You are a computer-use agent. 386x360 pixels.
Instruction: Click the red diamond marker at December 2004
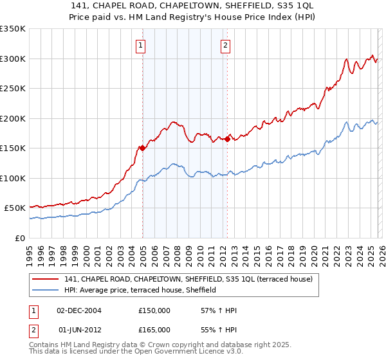click(142, 148)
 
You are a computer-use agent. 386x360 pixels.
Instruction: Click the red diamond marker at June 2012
click(227, 139)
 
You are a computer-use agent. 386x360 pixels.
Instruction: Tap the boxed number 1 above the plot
click(141, 45)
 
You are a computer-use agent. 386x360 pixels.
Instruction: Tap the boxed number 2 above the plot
click(226, 45)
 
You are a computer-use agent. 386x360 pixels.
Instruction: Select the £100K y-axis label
click(13, 178)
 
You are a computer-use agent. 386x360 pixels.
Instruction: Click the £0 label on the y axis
click(19, 238)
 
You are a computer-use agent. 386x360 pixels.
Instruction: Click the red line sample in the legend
click(46, 279)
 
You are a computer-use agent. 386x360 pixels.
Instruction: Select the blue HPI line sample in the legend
click(46, 291)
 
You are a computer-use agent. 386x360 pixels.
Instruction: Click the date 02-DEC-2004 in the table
click(79, 310)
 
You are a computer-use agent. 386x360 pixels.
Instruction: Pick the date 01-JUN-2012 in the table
click(79, 331)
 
